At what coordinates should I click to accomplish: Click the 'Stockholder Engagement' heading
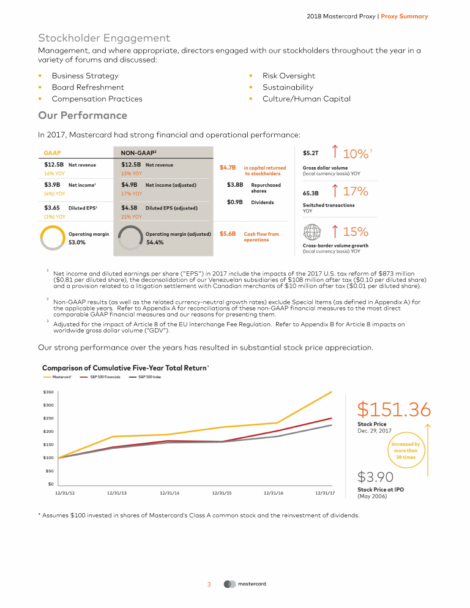click(104, 38)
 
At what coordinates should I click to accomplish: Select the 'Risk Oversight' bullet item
click(288, 76)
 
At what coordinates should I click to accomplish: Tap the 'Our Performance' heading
click(83, 116)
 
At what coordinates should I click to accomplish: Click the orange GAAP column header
click(52, 152)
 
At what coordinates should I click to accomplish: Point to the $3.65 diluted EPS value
click(51, 208)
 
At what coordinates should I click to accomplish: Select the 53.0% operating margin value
click(76, 242)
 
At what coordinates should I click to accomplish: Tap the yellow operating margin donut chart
click(51, 238)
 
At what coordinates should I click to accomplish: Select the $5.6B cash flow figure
click(228, 234)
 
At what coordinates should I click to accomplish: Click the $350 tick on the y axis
click(47, 391)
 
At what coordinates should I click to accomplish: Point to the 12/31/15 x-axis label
click(222, 492)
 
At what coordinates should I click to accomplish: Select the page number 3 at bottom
click(209, 584)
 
